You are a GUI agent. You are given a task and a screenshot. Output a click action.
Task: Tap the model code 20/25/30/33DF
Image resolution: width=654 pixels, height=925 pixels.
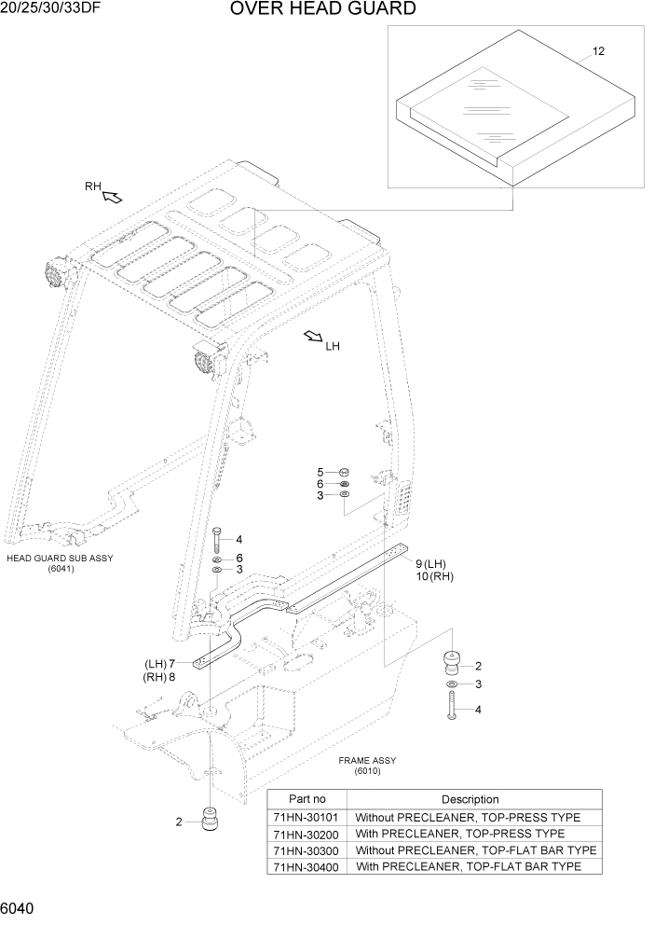pos(51,9)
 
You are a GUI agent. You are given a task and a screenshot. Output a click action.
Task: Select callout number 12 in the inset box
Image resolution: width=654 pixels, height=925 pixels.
pos(598,51)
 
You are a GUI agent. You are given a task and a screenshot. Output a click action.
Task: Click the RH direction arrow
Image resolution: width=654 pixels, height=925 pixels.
pos(112,196)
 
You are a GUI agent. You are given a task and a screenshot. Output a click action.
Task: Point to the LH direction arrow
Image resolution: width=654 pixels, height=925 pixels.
pos(313,337)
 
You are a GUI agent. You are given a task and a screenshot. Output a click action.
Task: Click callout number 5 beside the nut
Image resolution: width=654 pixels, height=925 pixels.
pos(320,472)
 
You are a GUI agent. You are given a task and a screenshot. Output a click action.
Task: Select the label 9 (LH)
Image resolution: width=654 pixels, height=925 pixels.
pos(431,563)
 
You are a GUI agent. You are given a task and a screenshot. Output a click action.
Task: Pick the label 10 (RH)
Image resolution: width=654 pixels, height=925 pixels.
pos(433,577)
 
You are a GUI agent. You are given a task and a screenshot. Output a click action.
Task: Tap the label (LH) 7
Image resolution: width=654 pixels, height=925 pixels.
pos(159,663)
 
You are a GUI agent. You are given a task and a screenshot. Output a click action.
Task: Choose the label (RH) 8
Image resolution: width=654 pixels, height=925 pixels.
pos(159,677)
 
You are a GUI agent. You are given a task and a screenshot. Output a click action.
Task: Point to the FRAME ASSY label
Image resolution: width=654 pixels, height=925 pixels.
pos(367,760)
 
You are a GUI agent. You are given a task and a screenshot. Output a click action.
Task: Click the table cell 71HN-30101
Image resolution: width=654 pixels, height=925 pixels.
pos(307,817)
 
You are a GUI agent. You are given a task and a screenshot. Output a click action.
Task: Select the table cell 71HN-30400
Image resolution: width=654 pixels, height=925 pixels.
pos(307,866)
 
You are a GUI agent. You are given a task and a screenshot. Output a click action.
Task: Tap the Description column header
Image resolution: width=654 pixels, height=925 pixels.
pos(470,799)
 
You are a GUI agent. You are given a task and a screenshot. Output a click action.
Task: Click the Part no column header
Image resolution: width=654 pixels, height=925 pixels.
pos(307,799)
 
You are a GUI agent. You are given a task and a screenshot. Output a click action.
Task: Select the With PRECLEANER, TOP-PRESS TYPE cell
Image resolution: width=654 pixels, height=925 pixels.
pos(460,834)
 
